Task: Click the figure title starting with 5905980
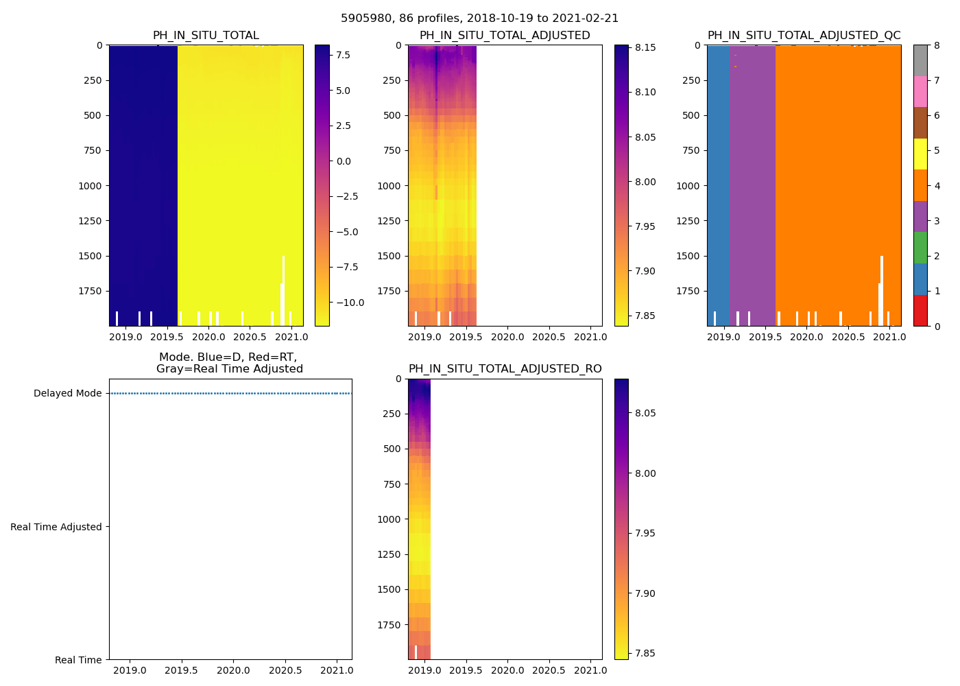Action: click(479, 19)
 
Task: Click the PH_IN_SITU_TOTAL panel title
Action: click(206, 36)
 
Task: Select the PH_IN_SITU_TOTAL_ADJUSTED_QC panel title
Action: click(804, 36)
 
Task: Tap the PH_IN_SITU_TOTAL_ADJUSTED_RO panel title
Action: click(505, 369)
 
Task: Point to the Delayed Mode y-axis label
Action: click(67, 393)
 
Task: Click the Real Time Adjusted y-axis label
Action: click(56, 527)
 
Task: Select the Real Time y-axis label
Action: click(78, 660)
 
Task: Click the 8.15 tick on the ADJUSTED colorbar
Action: click(645, 47)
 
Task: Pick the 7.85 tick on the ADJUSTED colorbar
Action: click(645, 316)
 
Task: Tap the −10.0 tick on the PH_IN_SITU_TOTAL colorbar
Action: click(350, 303)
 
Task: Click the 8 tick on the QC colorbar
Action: click(937, 45)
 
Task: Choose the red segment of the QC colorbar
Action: click(920, 311)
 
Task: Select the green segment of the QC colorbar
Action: click(920, 248)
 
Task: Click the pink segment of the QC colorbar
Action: click(920, 92)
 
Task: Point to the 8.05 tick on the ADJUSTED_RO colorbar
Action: click(645, 413)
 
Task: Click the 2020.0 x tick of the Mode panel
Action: click(233, 670)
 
